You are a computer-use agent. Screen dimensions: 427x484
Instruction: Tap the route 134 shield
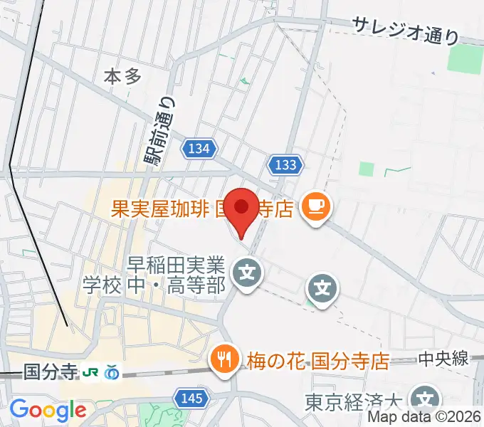click(199, 149)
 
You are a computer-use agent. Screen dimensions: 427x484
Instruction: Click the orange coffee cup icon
click(315, 207)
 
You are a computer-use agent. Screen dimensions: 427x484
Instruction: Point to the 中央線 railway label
click(443, 359)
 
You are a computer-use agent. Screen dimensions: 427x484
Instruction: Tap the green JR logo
click(90, 371)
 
